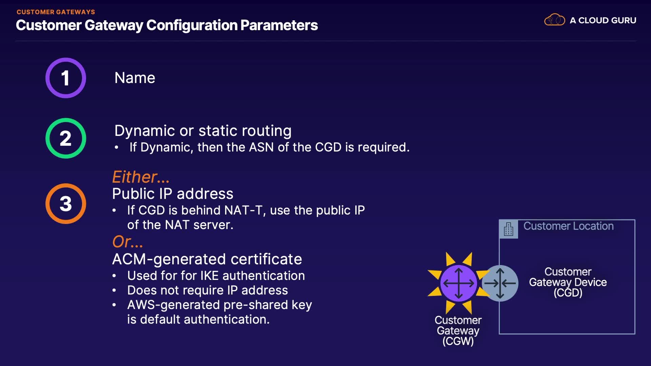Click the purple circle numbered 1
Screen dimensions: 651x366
pyautogui.click(x=66, y=78)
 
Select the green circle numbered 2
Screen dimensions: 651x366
pyautogui.click(x=66, y=138)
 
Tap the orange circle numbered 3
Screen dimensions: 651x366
pyautogui.click(x=66, y=204)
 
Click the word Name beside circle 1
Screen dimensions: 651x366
pyautogui.click(x=135, y=78)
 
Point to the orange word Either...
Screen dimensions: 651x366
pyautogui.click(x=140, y=177)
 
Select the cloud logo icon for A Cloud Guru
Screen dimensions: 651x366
pyautogui.click(x=554, y=20)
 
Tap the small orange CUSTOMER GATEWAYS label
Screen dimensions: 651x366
pyautogui.click(x=56, y=12)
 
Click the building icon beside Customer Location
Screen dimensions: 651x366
pyautogui.click(x=508, y=229)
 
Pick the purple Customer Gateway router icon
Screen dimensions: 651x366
pyautogui.click(x=458, y=283)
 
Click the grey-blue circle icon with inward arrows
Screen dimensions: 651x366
pyautogui.click(x=500, y=283)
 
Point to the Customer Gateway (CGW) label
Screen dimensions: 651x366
pyautogui.click(x=458, y=330)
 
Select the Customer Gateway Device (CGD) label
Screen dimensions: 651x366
pyautogui.click(x=568, y=282)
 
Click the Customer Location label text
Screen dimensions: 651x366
pyautogui.click(x=568, y=226)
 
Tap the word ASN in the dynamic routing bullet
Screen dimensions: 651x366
pyautogui.click(x=261, y=147)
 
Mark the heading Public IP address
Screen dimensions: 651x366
pyautogui.click(x=173, y=194)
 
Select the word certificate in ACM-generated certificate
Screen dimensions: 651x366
pyautogui.click(x=266, y=259)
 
